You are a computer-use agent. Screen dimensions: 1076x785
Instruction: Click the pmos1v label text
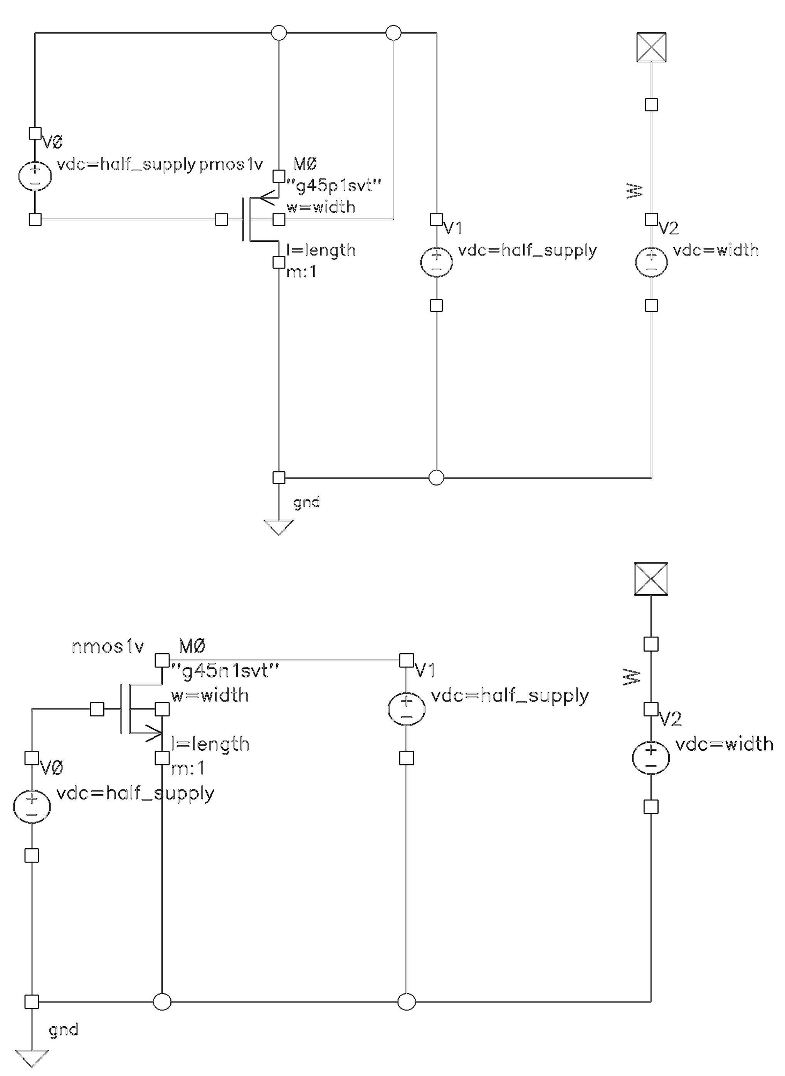230,165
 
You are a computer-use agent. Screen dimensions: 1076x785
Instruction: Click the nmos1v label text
108,647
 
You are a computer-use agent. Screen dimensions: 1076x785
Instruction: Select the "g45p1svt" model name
334,185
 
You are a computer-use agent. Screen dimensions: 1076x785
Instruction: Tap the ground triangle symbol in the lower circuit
32,1058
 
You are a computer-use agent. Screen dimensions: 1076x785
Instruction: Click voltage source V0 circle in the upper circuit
35,176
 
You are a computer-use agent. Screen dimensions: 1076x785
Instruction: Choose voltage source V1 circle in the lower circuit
406,709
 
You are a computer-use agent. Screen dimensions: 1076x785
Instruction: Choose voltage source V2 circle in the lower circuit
651,758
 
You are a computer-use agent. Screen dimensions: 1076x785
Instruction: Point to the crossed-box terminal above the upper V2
651,47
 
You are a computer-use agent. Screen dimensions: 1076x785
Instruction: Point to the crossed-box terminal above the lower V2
651,579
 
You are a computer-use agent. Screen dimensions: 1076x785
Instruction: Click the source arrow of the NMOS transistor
153,733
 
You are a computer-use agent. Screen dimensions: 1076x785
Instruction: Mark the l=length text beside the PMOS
321,250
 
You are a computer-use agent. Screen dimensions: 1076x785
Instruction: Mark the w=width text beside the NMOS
210,695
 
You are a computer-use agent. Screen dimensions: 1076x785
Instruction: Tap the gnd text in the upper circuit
306,503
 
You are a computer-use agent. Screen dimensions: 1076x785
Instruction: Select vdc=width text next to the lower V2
724,744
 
